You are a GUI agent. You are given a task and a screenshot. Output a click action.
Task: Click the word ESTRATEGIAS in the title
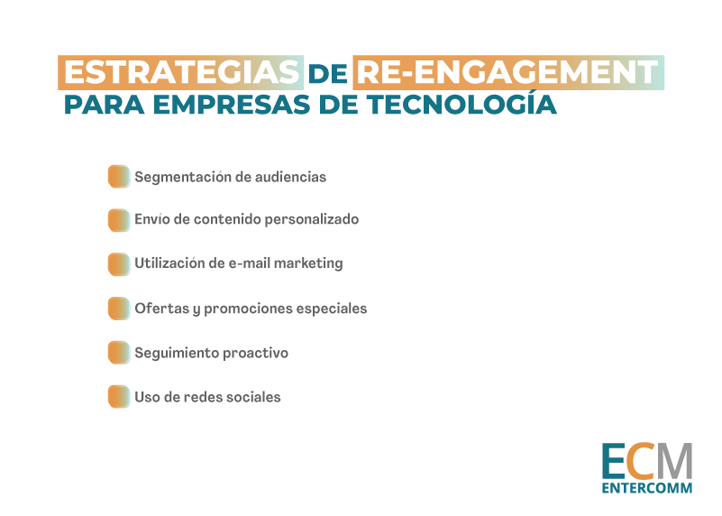pos(181,72)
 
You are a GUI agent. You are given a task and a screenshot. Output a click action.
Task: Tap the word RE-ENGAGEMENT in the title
pos(507,72)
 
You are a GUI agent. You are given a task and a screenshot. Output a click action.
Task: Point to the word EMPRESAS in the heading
pos(232,104)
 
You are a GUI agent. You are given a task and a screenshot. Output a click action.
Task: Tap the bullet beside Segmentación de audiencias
pos(119,177)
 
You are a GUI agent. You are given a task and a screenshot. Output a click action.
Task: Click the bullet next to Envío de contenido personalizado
pos(119,220)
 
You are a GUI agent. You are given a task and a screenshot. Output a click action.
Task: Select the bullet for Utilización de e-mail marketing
pos(119,264)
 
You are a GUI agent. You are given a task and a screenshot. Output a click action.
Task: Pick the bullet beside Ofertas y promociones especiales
pos(119,309)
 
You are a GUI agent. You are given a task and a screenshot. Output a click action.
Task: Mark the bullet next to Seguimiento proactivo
pos(119,353)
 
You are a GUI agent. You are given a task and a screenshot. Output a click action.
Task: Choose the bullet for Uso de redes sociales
pos(119,397)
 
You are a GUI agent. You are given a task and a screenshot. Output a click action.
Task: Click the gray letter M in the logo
pos(673,461)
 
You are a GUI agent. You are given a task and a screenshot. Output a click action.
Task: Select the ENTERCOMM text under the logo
pos(647,488)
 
